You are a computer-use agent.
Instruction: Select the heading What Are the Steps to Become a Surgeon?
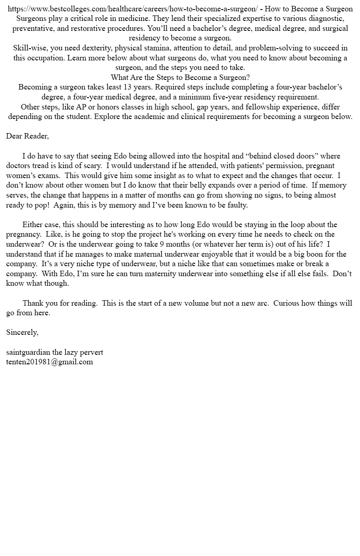pos(180,77)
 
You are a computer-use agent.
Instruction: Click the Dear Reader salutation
pos(27,136)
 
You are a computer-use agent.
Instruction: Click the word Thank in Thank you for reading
pos(33,303)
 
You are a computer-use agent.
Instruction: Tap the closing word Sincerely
pos(22,333)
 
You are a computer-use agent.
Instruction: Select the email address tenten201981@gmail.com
pos(50,362)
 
